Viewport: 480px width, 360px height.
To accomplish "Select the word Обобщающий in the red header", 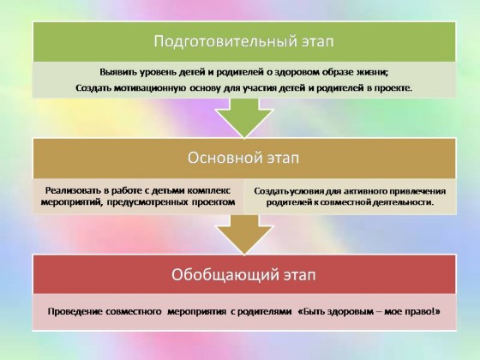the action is click(223, 275).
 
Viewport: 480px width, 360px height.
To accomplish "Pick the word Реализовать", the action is click(74, 190).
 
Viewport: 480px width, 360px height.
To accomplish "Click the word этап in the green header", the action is click(318, 42).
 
